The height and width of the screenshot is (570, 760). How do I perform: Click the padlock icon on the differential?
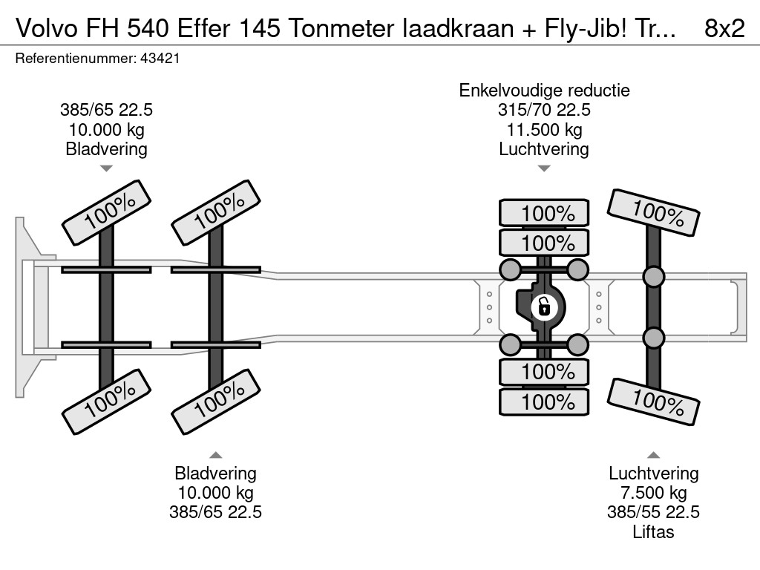point(543,305)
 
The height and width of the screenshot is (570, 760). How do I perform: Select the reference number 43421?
point(160,59)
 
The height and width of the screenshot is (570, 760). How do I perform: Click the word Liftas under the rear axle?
point(654,531)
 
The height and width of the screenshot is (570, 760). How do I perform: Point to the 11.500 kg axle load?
point(544,130)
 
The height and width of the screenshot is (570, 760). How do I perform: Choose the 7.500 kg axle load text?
point(654,493)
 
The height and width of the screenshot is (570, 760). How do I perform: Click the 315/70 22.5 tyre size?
point(544,111)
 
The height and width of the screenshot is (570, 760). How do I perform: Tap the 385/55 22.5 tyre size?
point(654,512)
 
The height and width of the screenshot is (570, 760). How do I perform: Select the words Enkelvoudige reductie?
point(544,91)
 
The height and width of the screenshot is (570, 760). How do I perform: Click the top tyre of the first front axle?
point(105,212)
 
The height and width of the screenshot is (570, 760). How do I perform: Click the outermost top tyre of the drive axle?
point(544,213)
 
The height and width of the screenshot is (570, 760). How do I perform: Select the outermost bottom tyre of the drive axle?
point(544,402)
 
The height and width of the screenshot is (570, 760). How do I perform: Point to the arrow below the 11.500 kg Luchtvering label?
point(544,168)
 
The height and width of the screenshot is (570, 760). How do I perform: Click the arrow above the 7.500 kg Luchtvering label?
point(654,454)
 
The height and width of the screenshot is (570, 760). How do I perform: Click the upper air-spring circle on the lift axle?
point(653,277)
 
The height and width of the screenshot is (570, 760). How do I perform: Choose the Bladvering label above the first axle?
point(106,149)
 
